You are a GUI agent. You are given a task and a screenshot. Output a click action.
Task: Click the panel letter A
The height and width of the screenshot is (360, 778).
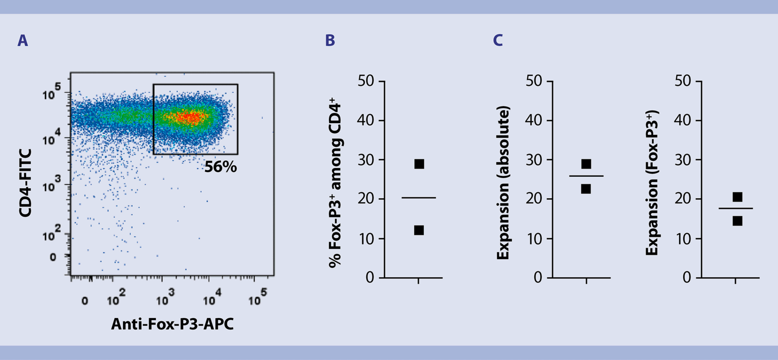23,41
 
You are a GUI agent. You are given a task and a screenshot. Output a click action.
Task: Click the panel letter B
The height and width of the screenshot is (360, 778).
330,41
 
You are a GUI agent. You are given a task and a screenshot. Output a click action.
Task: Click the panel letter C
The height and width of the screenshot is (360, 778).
498,41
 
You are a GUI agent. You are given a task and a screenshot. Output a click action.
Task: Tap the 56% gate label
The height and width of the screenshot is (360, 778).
220,167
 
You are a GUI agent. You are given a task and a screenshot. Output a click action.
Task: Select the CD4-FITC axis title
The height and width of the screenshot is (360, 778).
25,183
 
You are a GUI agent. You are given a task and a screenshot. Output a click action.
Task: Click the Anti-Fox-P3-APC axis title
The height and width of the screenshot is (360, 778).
172,324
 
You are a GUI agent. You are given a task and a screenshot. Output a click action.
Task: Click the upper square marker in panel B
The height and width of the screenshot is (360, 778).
419,164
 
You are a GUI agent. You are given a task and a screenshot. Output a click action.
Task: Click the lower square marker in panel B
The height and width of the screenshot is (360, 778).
419,230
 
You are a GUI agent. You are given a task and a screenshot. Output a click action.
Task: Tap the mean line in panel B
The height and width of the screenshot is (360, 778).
419,198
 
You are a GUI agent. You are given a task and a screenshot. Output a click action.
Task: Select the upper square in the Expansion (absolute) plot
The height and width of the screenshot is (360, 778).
586,164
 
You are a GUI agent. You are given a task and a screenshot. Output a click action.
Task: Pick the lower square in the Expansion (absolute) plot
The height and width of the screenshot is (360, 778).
586,189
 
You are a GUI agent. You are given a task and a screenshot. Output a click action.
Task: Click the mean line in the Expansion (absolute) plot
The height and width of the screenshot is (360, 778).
586,176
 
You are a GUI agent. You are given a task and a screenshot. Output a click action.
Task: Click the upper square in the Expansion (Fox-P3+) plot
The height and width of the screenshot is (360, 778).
737,197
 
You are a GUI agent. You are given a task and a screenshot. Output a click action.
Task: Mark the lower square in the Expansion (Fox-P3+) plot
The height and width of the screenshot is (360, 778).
737,221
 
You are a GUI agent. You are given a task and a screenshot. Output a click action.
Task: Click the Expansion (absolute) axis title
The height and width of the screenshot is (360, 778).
503,183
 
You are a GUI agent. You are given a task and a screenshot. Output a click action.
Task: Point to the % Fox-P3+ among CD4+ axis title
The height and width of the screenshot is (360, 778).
335,183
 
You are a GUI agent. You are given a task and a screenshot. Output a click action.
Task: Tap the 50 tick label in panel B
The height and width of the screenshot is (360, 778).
366,81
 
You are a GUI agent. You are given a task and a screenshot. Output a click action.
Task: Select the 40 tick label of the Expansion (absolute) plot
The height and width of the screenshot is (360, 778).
533,120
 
